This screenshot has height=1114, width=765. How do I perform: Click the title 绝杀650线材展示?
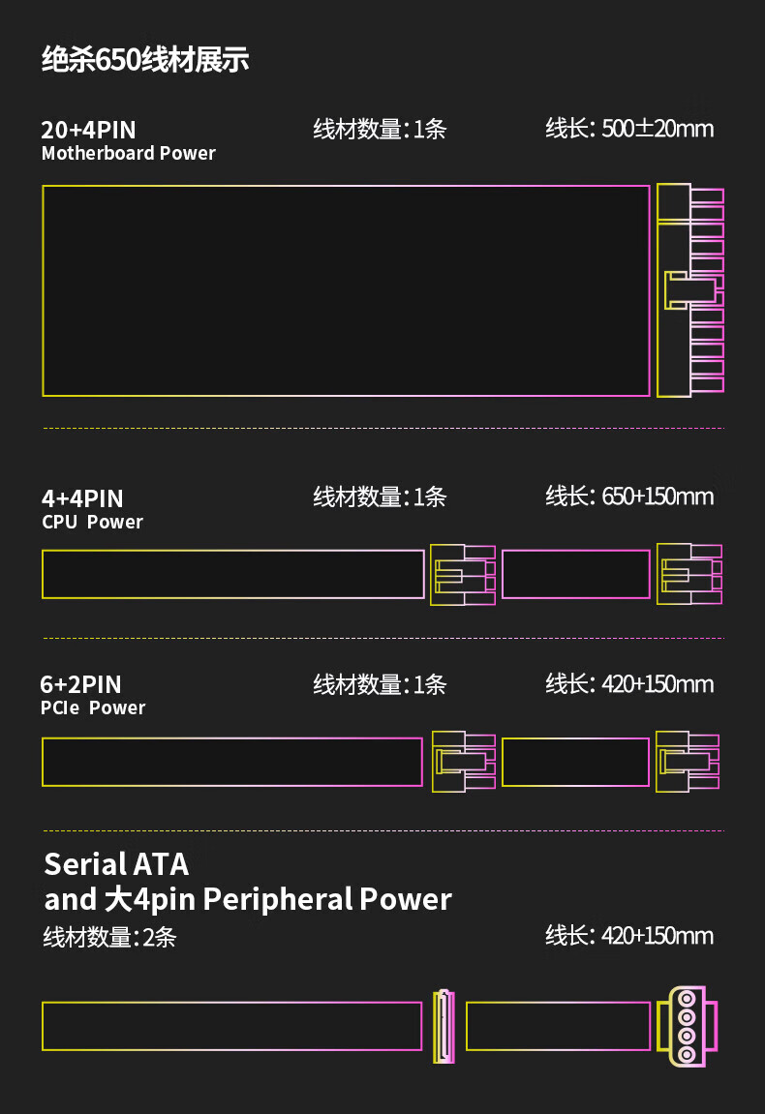click(x=145, y=60)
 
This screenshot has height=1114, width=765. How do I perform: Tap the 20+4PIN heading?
click(x=88, y=130)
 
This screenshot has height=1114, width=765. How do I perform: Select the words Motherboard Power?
click(x=129, y=154)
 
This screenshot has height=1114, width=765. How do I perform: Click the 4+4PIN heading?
click(x=82, y=498)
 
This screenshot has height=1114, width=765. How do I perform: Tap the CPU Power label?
click(x=92, y=523)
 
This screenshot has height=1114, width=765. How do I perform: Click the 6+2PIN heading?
click(x=81, y=685)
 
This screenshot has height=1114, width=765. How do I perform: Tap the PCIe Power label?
click(x=92, y=708)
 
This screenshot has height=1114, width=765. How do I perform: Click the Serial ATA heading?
click(x=116, y=864)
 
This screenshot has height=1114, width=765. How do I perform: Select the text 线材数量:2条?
click(x=109, y=937)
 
